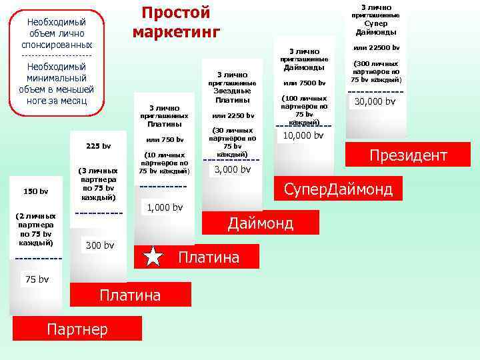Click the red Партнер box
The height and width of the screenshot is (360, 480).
[x=77, y=328]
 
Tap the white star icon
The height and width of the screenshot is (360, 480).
[x=153, y=257]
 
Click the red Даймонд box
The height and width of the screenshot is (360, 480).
[x=261, y=223]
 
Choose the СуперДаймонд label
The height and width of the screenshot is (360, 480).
[x=338, y=189]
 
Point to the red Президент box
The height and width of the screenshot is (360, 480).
[x=408, y=155]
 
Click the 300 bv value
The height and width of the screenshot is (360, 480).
[x=99, y=246]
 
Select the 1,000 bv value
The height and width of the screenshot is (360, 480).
[x=164, y=207]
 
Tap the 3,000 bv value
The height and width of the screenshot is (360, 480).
[x=232, y=169]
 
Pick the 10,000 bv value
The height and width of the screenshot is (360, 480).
[x=303, y=135]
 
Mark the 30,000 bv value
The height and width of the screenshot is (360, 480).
[x=375, y=101]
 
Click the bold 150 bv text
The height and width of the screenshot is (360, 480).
[x=35, y=191]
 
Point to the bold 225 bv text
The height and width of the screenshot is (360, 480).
[x=99, y=146]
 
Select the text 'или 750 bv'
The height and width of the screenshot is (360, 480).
[x=165, y=139]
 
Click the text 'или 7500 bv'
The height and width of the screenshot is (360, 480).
[x=304, y=83]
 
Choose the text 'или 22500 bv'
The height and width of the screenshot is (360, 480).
[x=376, y=48]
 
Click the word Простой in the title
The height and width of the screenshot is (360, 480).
[x=176, y=13]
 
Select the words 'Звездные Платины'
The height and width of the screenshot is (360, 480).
[x=233, y=95]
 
